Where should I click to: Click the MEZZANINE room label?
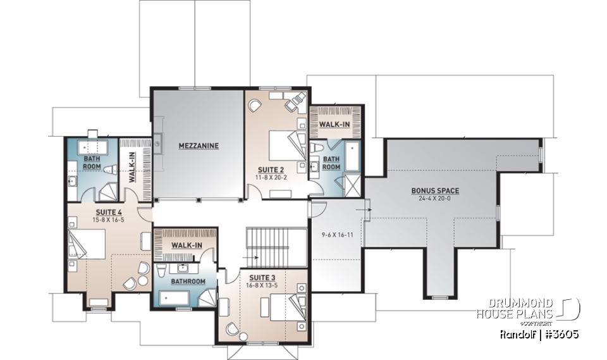[x=197, y=146]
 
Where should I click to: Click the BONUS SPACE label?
[x=435, y=190]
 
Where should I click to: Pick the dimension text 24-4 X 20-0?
[x=435, y=198]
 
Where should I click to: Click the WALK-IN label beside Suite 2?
[x=333, y=125]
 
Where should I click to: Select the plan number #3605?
[x=562, y=333]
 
